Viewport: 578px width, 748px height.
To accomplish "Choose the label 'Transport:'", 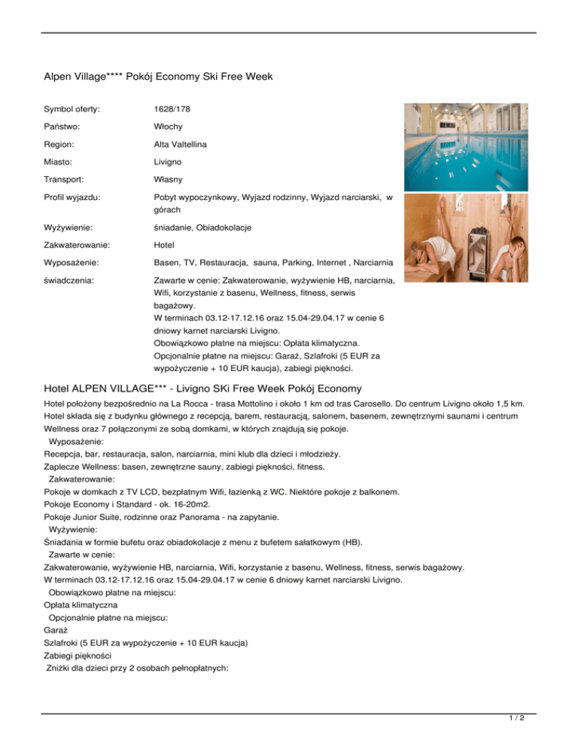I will tap(66, 181).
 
